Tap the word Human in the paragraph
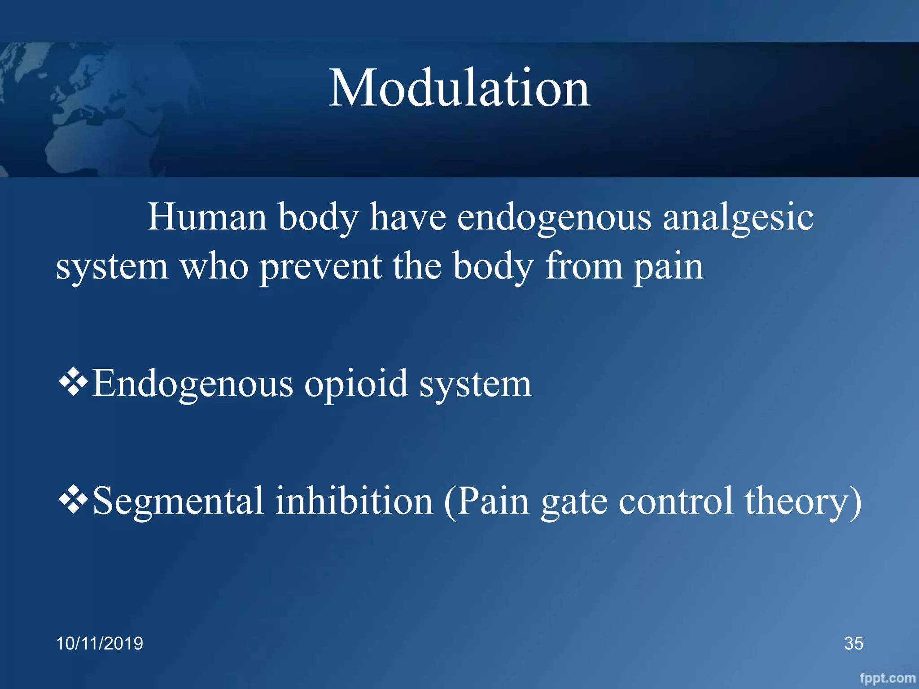(207, 217)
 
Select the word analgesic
(738, 218)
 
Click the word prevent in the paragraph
(320, 266)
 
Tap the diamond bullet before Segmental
(73, 500)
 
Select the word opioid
(356, 384)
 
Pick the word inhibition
(354, 501)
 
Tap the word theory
(797, 501)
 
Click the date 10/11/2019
(99, 643)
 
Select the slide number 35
(853, 643)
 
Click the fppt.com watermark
(887, 678)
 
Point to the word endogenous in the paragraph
(554, 218)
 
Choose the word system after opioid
(476, 385)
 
